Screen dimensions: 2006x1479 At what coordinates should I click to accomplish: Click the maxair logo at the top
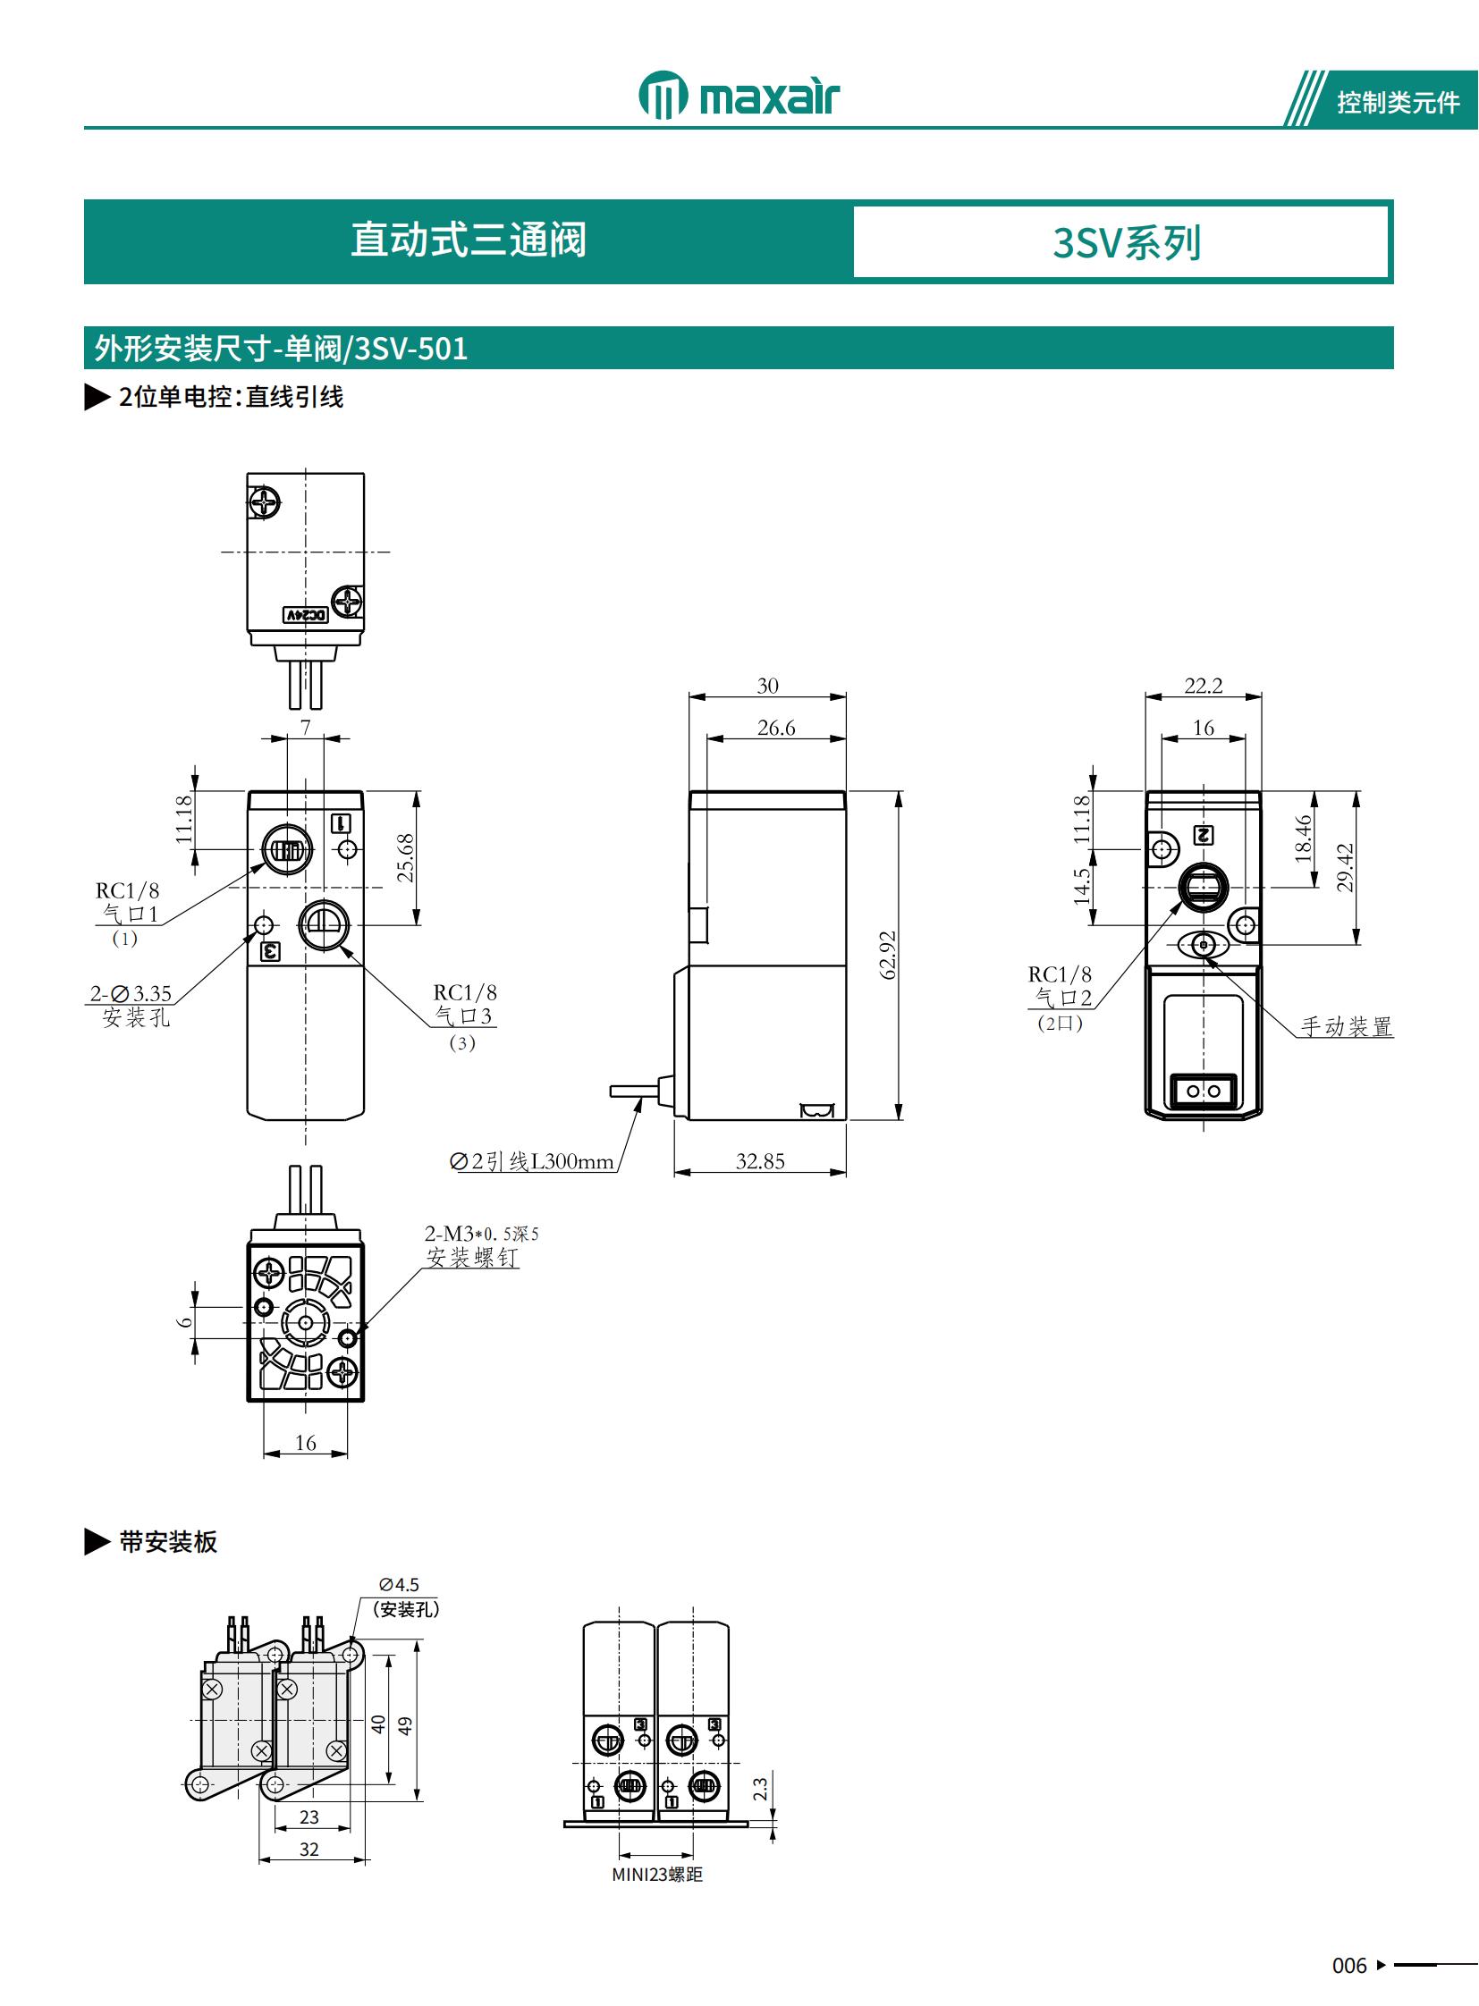(739, 94)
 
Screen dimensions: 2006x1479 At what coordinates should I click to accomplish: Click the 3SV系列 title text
(1126, 242)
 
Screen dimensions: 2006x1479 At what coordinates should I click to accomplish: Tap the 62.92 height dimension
(887, 955)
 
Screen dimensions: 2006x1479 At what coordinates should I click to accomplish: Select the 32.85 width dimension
(760, 1161)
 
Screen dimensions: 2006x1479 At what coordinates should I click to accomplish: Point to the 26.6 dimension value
(775, 728)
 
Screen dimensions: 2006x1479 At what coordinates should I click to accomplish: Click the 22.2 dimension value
(1203, 686)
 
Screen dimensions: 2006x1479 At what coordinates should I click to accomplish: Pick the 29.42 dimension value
(1344, 867)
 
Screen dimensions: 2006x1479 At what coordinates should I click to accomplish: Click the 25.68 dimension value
(406, 857)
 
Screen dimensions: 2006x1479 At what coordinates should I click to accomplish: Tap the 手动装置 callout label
(1346, 1026)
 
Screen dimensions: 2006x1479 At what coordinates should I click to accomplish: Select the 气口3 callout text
(463, 1016)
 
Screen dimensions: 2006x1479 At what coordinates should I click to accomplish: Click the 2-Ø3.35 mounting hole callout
(131, 993)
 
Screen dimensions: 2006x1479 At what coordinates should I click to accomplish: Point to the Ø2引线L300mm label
(532, 1162)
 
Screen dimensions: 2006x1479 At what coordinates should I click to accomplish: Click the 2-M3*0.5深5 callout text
(481, 1234)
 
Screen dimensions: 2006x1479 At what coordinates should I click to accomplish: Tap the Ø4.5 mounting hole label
(400, 1584)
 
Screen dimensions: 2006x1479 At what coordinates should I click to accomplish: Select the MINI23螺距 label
(657, 1875)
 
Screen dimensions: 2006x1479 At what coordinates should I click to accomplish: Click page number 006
(1349, 1966)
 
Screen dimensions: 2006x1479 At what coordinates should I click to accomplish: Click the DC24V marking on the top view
(306, 615)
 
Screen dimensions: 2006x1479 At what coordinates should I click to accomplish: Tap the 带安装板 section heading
(167, 1542)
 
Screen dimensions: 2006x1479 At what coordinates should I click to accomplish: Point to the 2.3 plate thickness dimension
(760, 1789)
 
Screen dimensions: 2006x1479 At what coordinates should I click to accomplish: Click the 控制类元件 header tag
(1398, 103)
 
